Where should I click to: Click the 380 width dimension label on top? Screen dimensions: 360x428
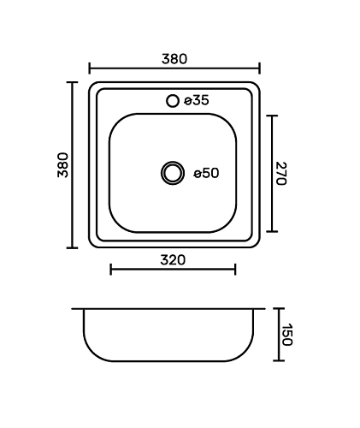pyautogui.click(x=174, y=59)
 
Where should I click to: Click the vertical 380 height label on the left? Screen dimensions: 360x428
pyautogui.click(x=63, y=165)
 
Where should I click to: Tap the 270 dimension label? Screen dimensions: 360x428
pyautogui.click(x=281, y=174)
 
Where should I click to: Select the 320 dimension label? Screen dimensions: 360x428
pyautogui.click(x=173, y=260)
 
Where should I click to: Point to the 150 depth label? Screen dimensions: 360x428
pyautogui.click(x=286, y=335)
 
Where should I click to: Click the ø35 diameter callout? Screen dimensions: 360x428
pyautogui.click(x=197, y=100)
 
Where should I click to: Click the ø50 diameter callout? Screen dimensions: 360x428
pyautogui.click(x=206, y=173)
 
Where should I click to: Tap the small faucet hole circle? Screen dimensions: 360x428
pyautogui.click(x=173, y=101)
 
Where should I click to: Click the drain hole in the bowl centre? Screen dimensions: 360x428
pyautogui.click(x=173, y=173)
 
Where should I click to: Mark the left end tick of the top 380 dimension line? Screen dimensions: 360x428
pyautogui.click(x=90, y=68)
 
